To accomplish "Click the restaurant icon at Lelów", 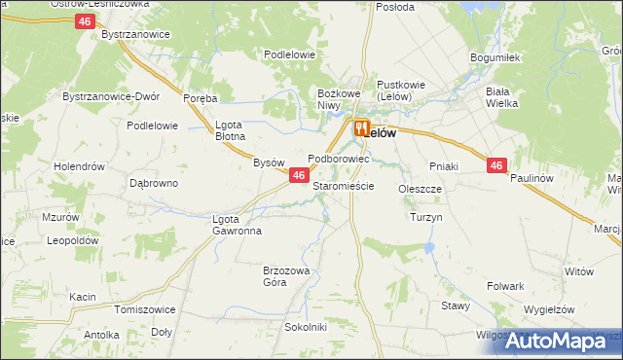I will point(361,127).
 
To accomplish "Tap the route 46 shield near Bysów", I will point(299,175).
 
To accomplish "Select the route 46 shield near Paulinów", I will point(496,166).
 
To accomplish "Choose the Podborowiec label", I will point(338,158).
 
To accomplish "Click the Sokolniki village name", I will point(305,327).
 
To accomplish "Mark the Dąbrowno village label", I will point(154,183).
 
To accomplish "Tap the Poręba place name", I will point(200,98).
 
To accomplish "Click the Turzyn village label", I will point(426,217).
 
